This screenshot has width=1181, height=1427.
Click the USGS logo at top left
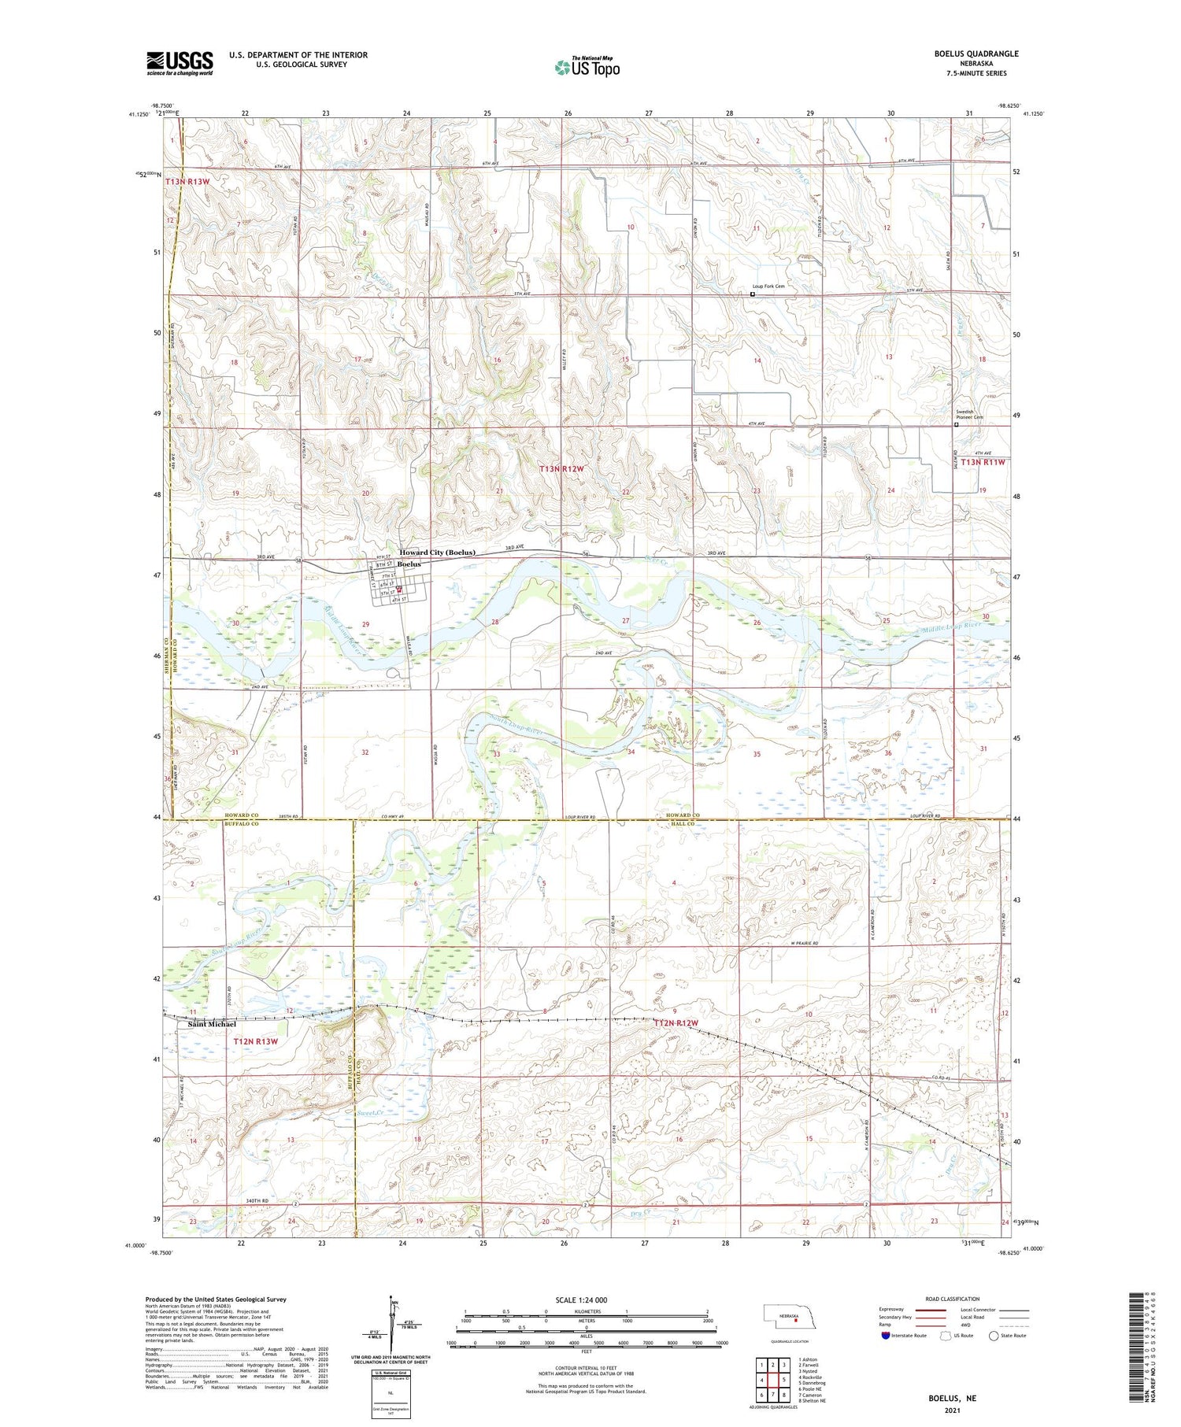(x=180, y=63)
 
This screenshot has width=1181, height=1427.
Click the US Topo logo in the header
(x=587, y=68)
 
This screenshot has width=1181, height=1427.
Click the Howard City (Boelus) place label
(x=437, y=553)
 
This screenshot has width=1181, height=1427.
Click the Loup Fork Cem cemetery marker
(x=753, y=294)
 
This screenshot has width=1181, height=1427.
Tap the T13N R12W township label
(x=562, y=469)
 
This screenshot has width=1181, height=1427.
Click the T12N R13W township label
(x=256, y=1041)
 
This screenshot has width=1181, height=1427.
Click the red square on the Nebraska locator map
(x=795, y=1321)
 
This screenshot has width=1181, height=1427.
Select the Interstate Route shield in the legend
(x=886, y=1336)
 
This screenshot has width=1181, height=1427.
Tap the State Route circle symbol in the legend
(x=994, y=1336)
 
